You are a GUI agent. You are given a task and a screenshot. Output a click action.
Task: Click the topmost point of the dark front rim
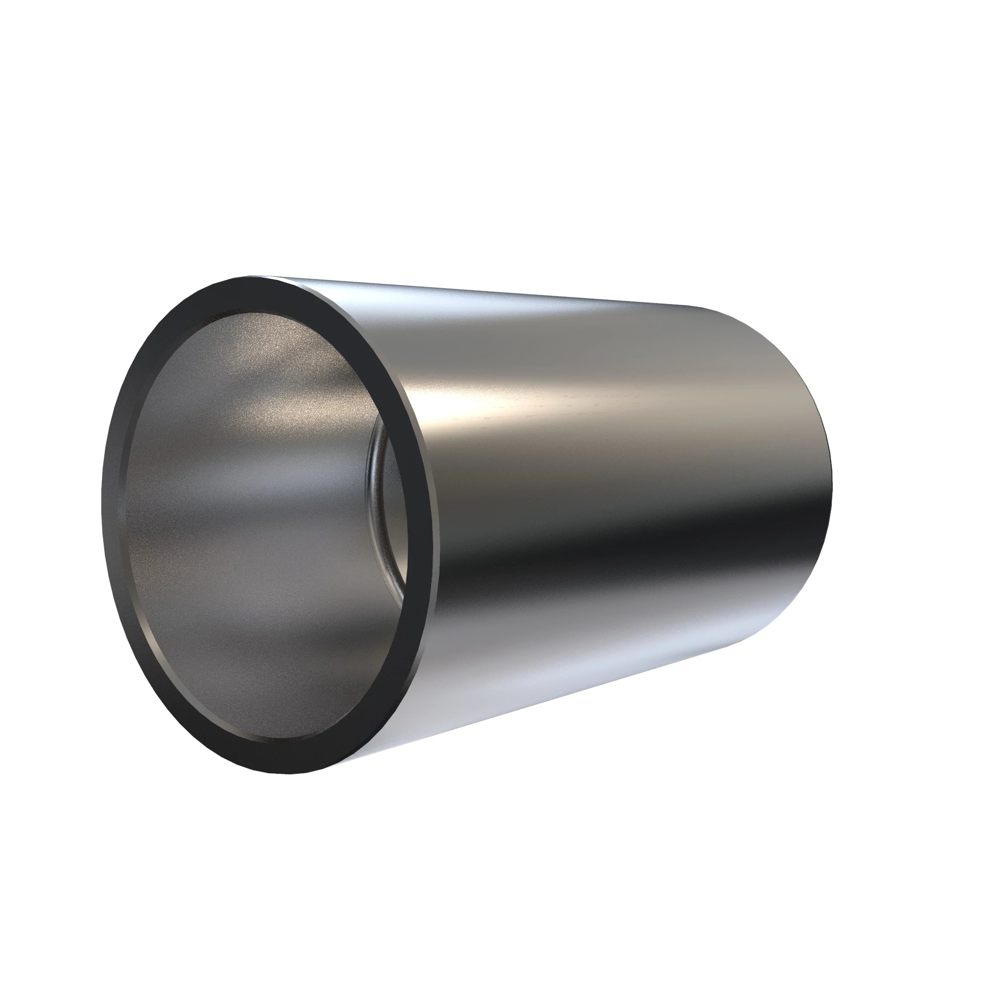coord(253,277)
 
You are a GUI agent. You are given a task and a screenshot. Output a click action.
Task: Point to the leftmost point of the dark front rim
coord(101,497)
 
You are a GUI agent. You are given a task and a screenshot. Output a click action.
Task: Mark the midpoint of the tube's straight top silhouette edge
coord(481,292)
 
